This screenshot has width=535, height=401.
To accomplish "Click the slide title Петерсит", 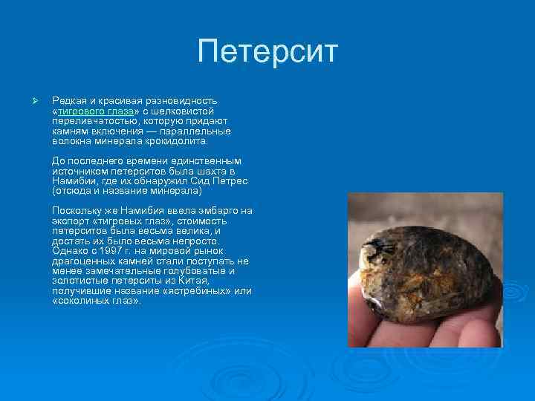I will click(x=267, y=53).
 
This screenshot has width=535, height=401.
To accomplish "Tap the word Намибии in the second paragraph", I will click(x=74, y=181).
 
